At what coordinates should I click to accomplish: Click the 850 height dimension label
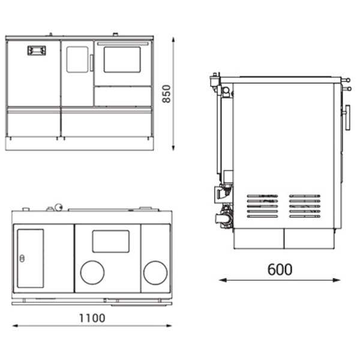166,94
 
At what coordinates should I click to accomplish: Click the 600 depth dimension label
280,269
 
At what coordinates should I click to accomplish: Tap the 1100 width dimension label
92,318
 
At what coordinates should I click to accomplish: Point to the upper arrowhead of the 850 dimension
173,40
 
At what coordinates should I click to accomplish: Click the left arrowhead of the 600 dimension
223,280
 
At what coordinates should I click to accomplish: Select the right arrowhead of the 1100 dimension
168,325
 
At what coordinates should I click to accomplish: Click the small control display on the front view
37,50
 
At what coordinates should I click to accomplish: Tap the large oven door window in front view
122,59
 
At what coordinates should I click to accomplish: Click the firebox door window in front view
77,59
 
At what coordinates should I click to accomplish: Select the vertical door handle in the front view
91,62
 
